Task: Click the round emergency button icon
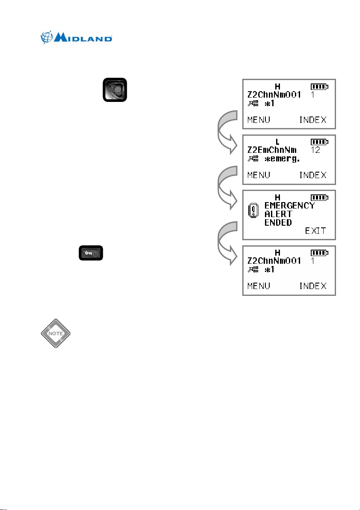pos(115,90)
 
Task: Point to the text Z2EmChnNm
pos(272,150)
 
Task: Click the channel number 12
pos(315,150)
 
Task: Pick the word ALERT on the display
pos(278,214)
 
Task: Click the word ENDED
pos(278,223)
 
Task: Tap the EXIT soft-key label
pos(315,232)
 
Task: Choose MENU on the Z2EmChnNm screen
pos(259,175)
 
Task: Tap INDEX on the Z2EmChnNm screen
pos(312,175)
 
